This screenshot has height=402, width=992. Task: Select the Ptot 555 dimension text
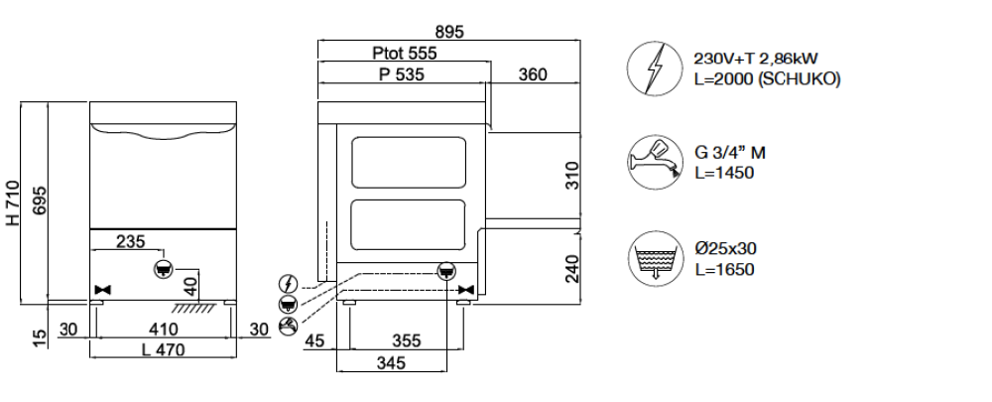403,54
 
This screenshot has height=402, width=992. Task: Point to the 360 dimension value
533,75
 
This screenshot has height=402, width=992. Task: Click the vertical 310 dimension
571,175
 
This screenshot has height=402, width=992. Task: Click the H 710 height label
14,204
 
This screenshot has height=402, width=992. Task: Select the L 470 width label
162,349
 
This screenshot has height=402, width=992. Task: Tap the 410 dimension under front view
164,329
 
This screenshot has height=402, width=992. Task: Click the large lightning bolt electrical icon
653,68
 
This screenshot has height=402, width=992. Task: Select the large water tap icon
653,162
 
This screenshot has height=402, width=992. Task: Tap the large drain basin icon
653,257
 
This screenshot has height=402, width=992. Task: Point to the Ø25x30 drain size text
729,248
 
